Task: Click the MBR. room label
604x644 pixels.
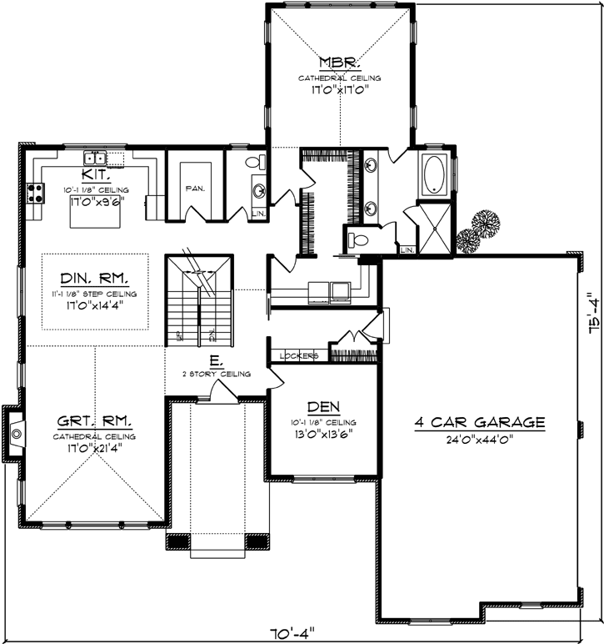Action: coord(339,63)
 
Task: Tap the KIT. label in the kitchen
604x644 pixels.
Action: coord(92,174)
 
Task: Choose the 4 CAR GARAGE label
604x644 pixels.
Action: coord(479,422)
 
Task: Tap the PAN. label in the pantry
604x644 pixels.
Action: coord(195,188)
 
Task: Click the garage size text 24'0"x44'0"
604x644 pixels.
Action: coord(479,439)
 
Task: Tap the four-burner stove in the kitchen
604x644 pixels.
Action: coord(36,194)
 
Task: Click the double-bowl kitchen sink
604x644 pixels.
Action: coord(93,158)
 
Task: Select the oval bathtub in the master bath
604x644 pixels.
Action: coord(435,175)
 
